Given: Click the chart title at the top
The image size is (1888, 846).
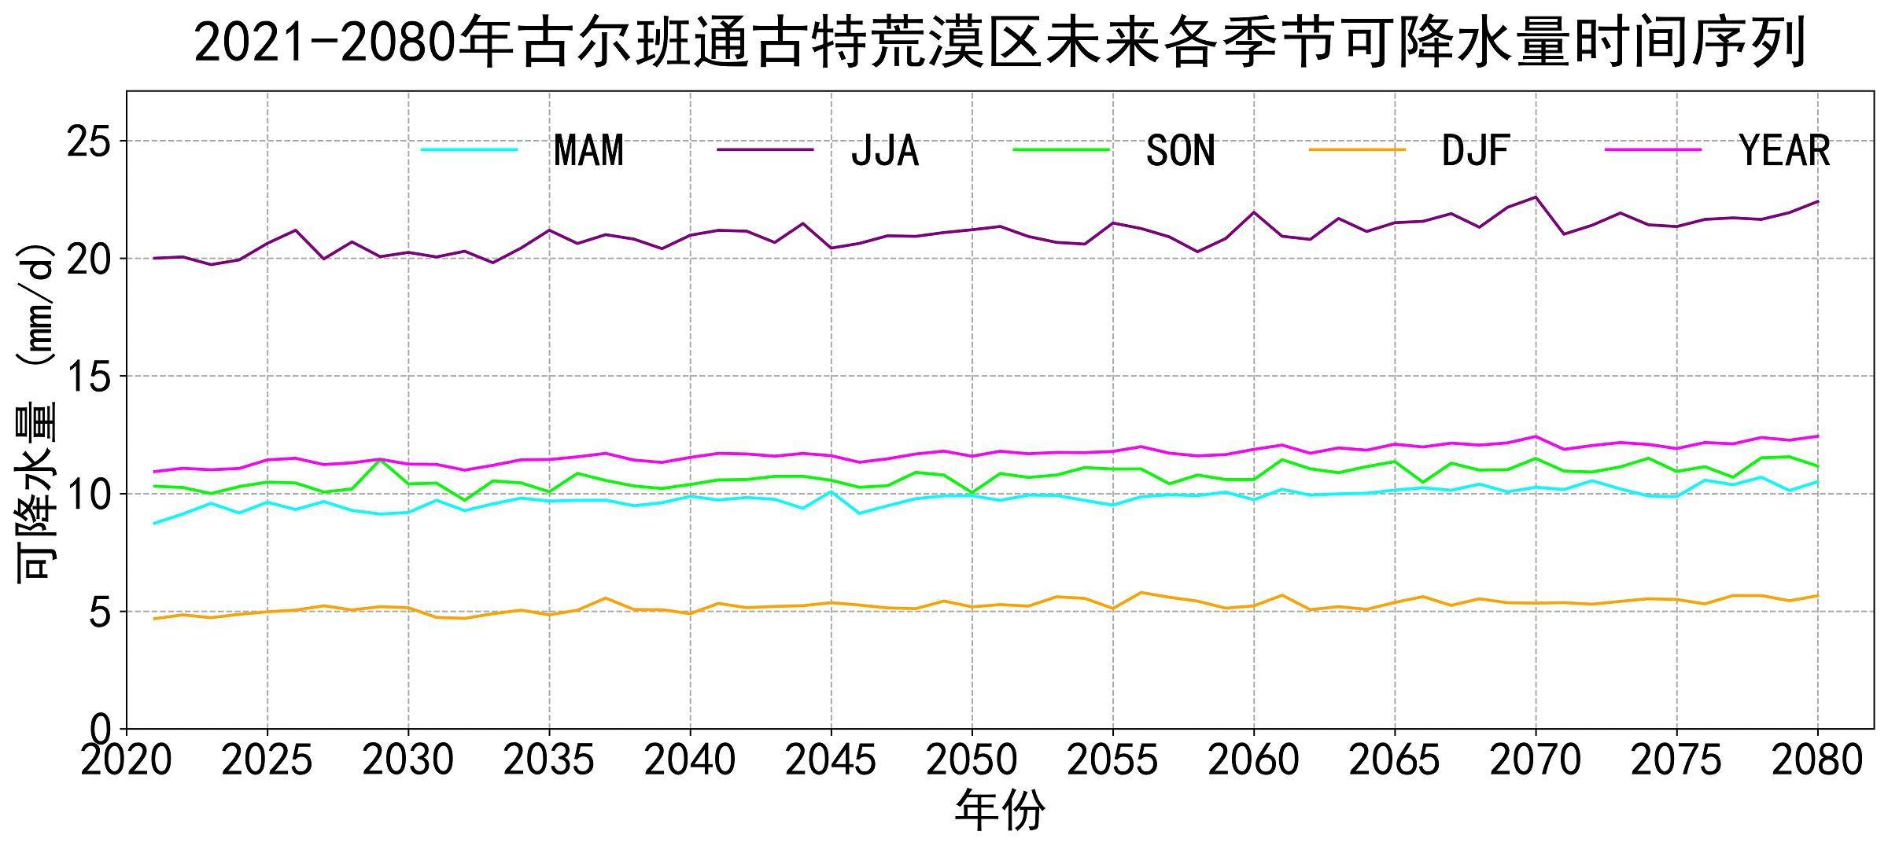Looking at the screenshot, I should pyautogui.click(x=999, y=42).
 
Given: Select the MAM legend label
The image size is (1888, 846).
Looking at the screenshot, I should pyautogui.click(x=588, y=150).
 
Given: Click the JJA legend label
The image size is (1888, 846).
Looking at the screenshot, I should pyautogui.click(x=885, y=150).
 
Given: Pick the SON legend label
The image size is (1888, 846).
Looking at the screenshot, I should pyautogui.click(x=1181, y=150).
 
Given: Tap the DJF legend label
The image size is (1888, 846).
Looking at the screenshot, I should pyautogui.click(x=1476, y=150).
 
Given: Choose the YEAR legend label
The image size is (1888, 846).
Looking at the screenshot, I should pyautogui.click(x=1785, y=150).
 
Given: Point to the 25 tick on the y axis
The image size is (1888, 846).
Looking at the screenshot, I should pyautogui.click(x=90, y=142).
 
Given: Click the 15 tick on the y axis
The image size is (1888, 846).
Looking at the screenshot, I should pyautogui.click(x=90, y=377).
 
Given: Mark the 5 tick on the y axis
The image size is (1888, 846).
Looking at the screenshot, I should pyautogui.click(x=101, y=612).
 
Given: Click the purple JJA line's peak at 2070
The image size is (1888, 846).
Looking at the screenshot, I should pyautogui.click(x=1536, y=197).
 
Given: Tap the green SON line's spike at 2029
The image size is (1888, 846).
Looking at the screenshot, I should pyautogui.click(x=381, y=460).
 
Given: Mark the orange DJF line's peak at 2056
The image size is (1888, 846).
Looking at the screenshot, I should pyautogui.click(x=1141, y=593).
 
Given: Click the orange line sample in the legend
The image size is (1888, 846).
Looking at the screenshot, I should pyautogui.click(x=1357, y=149).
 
